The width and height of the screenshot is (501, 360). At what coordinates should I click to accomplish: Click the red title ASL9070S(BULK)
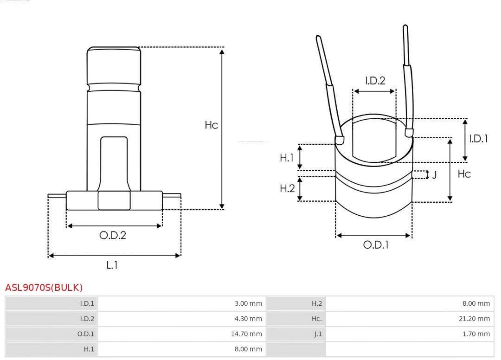(x=44, y=288)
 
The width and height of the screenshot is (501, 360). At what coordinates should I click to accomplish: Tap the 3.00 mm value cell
(x=248, y=303)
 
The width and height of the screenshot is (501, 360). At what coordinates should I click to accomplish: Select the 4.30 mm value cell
(x=248, y=319)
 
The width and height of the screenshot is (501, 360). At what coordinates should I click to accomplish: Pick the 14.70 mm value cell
(x=246, y=334)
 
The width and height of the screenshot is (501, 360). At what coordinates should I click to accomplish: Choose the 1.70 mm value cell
(x=476, y=334)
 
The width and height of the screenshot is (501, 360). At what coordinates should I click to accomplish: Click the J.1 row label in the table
(x=317, y=334)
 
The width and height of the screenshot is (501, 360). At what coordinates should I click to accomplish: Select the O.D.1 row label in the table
(x=85, y=334)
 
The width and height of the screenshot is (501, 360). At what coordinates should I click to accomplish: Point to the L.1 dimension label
(x=112, y=265)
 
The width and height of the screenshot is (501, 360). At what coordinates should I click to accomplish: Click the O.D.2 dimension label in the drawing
(x=113, y=235)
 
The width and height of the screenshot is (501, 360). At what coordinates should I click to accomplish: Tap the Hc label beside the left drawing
(x=211, y=125)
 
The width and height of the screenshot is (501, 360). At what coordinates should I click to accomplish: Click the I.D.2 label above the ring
(x=375, y=81)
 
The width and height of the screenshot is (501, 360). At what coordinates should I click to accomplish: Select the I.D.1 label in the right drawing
(x=478, y=138)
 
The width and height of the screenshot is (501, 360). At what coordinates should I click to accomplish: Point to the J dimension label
(x=434, y=175)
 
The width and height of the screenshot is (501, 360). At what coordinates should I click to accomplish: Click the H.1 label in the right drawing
(x=287, y=158)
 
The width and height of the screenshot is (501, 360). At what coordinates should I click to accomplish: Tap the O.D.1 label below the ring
(x=375, y=245)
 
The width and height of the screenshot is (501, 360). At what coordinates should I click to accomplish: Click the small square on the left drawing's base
(x=114, y=200)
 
